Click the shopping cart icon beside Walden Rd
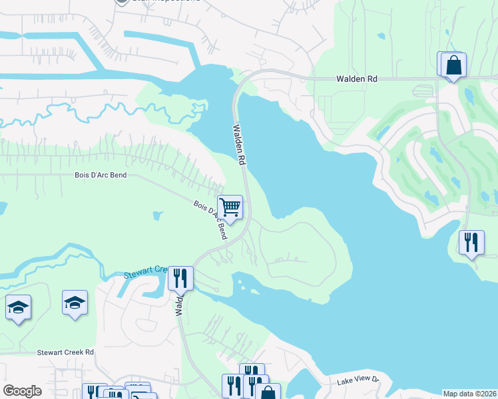[x=230, y=207]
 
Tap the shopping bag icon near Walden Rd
[x=453, y=65]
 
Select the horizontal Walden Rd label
[x=357, y=78]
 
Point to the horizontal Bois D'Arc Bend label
[x=101, y=176]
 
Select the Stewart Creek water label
[x=144, y=273]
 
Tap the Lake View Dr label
[x=357, y=380]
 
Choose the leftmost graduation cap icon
[x=18, y=307]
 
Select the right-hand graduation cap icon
[x=75, y=303]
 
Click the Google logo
[x=22, y=391]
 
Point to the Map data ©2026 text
[x=469, y=393]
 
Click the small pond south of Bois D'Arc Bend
[x=156, y=215]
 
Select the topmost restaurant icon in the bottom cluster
[x=252, y=372]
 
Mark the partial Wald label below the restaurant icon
[x=179, y=306]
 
